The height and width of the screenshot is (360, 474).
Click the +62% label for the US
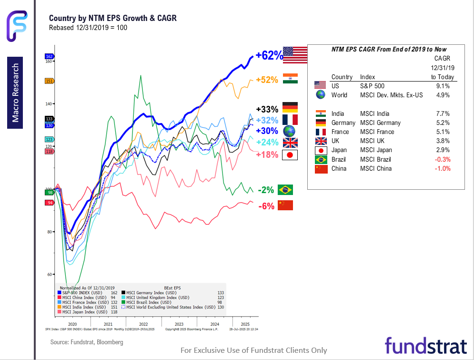point(269,55)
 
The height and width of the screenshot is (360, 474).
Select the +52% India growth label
point(267,80)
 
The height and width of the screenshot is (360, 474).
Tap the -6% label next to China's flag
point(266,206)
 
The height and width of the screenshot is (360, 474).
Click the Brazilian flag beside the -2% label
point(285,190)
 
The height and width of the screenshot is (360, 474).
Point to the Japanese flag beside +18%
point(290,155)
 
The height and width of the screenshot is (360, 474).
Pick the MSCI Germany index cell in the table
point(380,123)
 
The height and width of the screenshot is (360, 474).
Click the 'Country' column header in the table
point(342,77)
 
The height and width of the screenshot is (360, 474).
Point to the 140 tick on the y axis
point(49,103)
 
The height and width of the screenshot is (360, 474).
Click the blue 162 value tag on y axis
point(49,56)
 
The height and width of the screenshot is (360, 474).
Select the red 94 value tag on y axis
point(49,203)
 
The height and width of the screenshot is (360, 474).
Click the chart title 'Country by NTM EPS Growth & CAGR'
point(113,18)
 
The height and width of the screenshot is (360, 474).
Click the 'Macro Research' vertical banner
point(16,93)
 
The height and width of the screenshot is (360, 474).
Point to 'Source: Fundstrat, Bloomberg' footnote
point(87,342)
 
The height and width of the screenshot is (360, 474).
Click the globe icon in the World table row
point(320,95)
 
